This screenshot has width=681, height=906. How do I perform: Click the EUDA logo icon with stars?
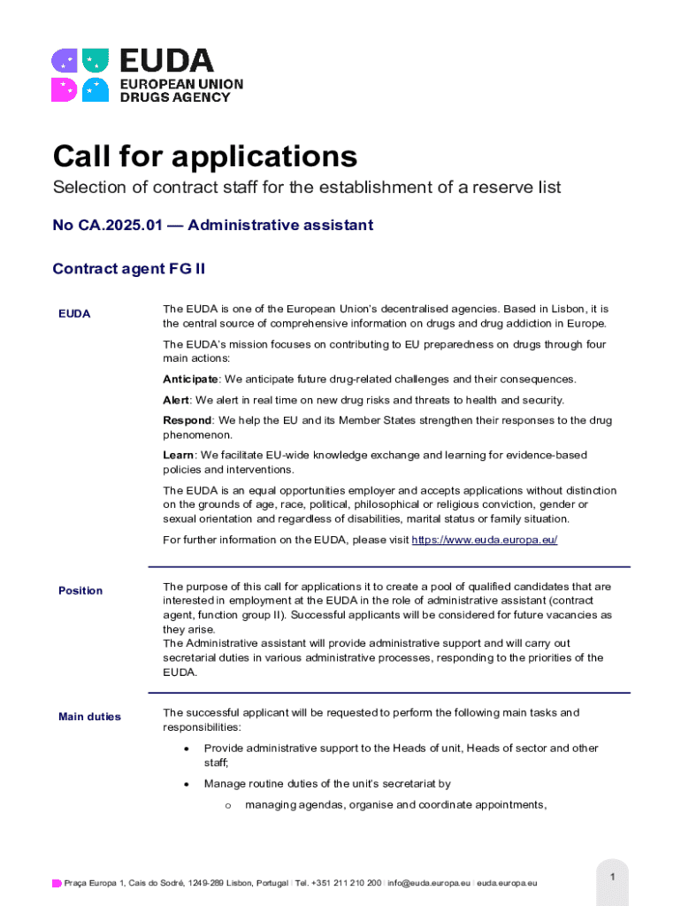coord(80,74)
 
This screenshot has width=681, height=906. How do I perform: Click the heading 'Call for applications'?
coord(205,157)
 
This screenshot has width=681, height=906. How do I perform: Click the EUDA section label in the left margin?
coord(74,314)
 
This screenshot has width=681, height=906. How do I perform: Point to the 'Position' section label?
coord(80,590)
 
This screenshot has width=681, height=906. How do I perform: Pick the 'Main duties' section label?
coord(89,717)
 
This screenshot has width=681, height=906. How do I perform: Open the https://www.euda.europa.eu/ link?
coord(485,540)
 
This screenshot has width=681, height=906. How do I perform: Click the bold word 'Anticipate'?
coord(190,380)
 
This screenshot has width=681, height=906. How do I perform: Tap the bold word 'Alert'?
coord(176,401)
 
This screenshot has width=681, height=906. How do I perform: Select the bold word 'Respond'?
coord(187,421)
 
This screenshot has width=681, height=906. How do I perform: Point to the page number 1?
coord(612,876)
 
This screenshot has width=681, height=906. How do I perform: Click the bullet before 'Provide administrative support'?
coord(186,749)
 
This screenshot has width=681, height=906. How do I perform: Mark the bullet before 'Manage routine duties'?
coord(186,784)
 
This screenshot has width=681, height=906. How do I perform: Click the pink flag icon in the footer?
coord(57,883)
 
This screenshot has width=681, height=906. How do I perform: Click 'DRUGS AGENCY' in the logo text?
coord(174,97)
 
